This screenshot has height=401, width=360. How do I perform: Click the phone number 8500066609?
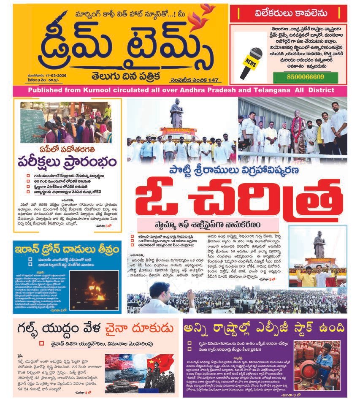point(298,77)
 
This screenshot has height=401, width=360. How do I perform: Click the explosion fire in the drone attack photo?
point(95,292)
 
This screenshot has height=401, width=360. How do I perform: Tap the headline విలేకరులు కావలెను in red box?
point(288,14)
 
